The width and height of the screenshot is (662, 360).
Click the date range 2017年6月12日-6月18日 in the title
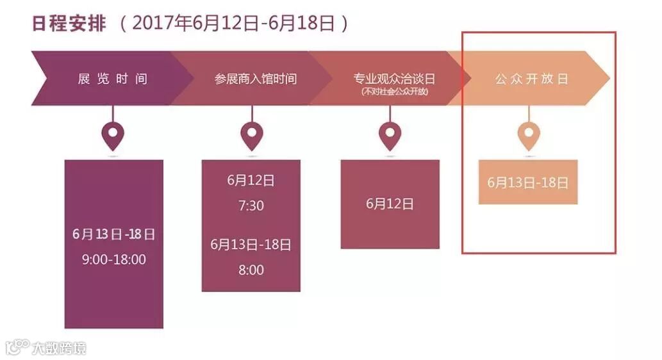[235, 23]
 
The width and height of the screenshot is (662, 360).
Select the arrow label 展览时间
[113, 79]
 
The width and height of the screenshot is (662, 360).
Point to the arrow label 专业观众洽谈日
[394, 78]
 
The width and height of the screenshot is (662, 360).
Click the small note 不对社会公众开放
[394, 92]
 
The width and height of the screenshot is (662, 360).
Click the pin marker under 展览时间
[113, 135]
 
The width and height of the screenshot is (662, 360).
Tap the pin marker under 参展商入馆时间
[251, 135]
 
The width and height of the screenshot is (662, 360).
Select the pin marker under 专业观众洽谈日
[390, 135]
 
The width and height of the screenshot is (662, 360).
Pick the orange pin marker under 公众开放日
[529, 135]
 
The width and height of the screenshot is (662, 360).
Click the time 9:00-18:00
[114, 259]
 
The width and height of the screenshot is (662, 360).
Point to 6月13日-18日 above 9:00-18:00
[114, 234]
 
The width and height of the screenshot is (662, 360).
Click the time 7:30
[251, 206]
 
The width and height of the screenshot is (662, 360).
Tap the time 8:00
[251, 270]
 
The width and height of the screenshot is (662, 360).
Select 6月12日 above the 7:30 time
[251, 181]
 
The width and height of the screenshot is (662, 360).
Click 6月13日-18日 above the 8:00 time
[251, 244]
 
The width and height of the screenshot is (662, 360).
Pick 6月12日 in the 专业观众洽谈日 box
[390, 204]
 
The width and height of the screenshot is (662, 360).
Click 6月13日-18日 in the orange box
[527, 182]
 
